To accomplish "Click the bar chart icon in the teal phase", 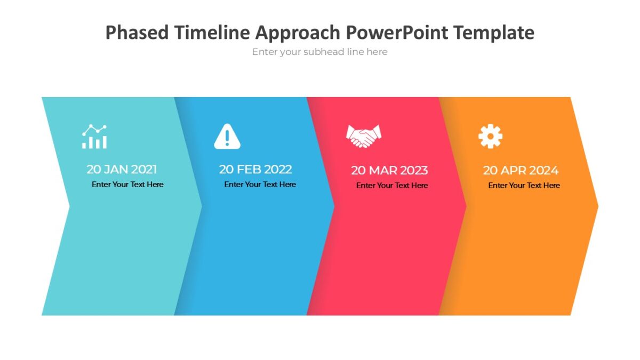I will pos(94,137).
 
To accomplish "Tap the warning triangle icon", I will pos(227,136).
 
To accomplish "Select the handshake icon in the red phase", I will pos(364,136).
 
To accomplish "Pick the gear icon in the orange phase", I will pos(490,136).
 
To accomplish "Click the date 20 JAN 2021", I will pos(122,170).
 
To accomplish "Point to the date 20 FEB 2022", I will pos(255,170).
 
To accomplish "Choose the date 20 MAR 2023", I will pos(389,171).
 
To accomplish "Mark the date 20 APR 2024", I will pos(521,171).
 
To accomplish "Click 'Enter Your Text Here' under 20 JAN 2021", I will pos(127,185).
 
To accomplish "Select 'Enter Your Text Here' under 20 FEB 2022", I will pos(260,185).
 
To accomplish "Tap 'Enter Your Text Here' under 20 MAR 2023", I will pos(392,186).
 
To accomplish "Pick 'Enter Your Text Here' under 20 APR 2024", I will pos(524,186).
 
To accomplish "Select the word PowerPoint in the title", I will pos(397,33).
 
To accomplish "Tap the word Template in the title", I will pos(494,33).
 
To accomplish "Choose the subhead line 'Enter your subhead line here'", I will pos(320,52).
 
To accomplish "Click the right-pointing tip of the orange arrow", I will pos(597,206).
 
